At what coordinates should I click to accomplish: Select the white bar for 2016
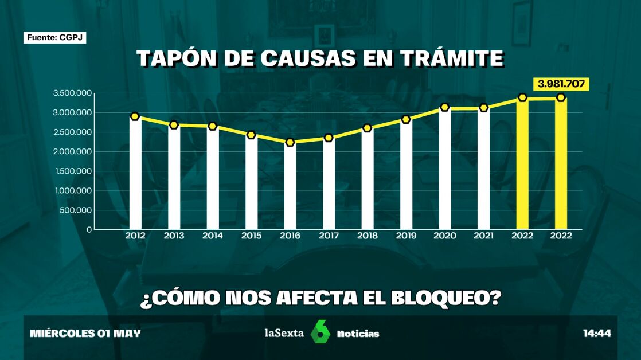290,186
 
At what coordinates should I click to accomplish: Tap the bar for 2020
444,169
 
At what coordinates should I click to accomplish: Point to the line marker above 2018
367,128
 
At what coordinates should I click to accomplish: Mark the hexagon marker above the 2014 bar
213,126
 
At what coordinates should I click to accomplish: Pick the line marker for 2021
483,108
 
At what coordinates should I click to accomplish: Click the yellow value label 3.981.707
561,84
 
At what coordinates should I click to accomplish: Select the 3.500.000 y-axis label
73,93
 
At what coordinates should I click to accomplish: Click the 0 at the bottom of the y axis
89,229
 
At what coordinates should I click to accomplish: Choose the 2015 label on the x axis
251,236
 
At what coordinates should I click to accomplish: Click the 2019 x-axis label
406,236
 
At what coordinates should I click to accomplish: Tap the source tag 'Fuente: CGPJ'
55,38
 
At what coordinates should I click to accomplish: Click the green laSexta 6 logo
320,332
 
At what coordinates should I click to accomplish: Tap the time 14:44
597,333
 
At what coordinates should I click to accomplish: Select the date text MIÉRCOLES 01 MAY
85,333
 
